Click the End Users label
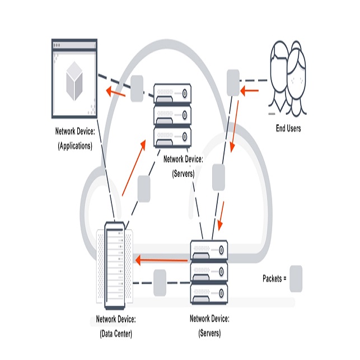288,128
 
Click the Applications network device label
76,139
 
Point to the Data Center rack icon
116,265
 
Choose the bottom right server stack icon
209,274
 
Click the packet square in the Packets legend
296,278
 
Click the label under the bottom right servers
209,326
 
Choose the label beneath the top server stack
183,166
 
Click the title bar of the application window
74,46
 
